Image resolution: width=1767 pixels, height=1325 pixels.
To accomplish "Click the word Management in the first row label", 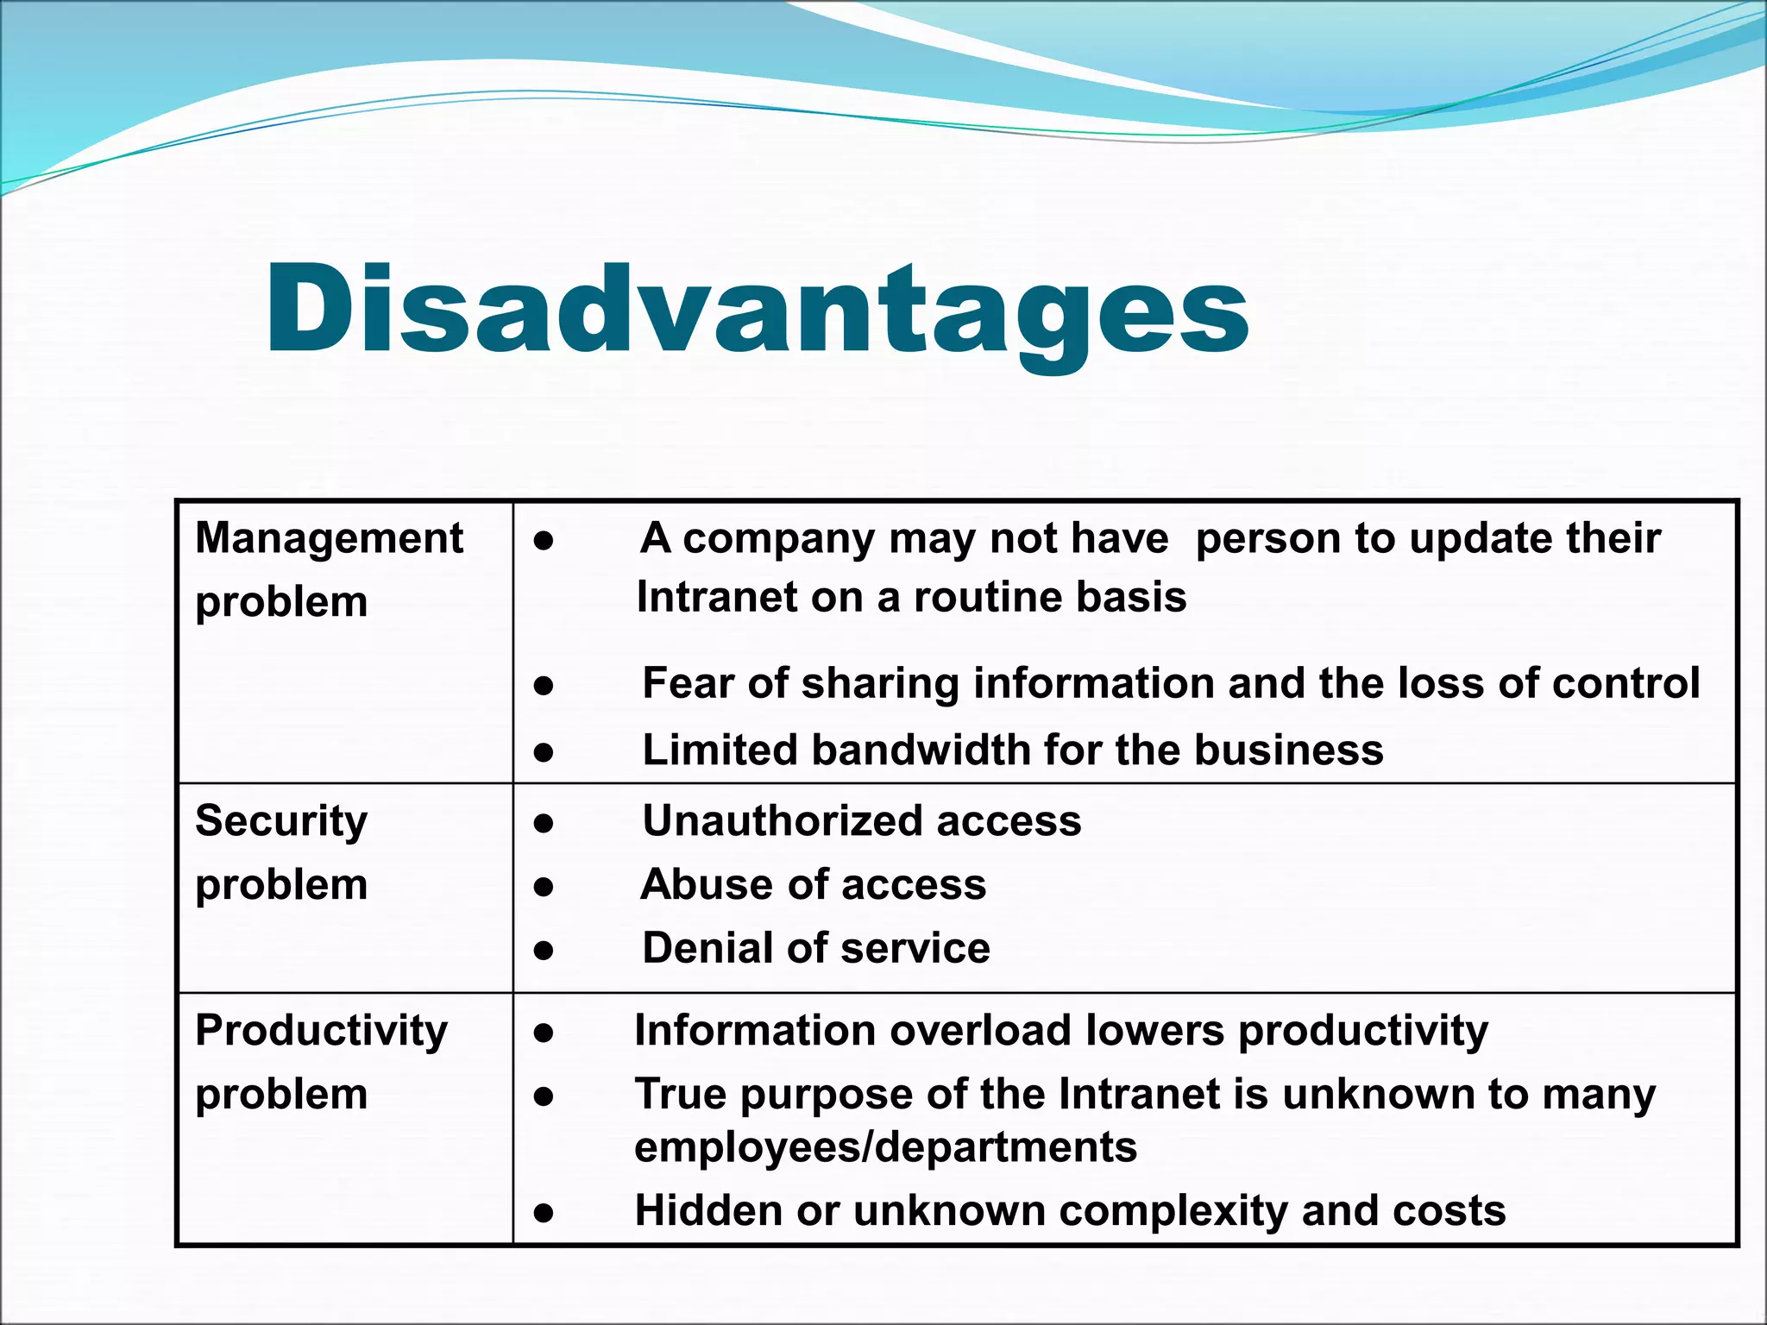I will (x=329, y=539).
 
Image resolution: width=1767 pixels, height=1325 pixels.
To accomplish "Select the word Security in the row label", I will (x=281, y=821).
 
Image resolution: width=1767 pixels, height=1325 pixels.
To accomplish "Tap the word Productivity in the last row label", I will (x=321, y=1031).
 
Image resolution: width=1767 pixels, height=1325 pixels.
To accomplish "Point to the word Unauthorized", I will (x=783, y=820).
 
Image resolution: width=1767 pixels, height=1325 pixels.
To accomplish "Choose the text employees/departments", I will (x=885, y=1147).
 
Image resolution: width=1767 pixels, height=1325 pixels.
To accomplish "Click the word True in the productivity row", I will (x=681, y=1095).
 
